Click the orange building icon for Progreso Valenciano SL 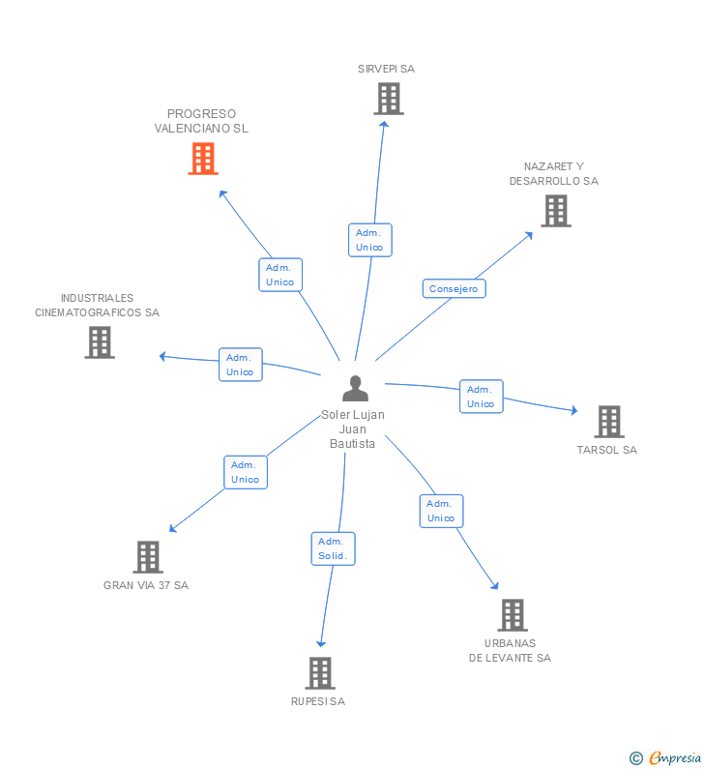tap(203, 159)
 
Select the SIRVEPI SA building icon tap(388, 99)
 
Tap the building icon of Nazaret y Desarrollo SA tap(555, 211)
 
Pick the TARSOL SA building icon tap(608, 422)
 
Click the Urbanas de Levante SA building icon tap(513, 615)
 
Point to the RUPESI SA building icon tap(319, 673)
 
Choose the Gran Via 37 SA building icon tap(147, 557)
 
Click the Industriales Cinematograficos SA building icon tap(100, 342)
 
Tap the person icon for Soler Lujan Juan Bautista tap(356, 389)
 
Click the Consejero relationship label tap(454, 288)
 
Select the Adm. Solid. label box tap(333, 548)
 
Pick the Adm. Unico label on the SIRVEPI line tap(369, 240)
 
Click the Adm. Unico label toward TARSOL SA tap(481, 397)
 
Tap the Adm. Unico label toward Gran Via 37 tap(246, 472)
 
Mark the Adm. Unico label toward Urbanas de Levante tap(441, 511)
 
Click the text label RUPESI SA tap(318, 701)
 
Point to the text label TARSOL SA tap(607, 450)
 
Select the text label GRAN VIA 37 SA tap(146, 585)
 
